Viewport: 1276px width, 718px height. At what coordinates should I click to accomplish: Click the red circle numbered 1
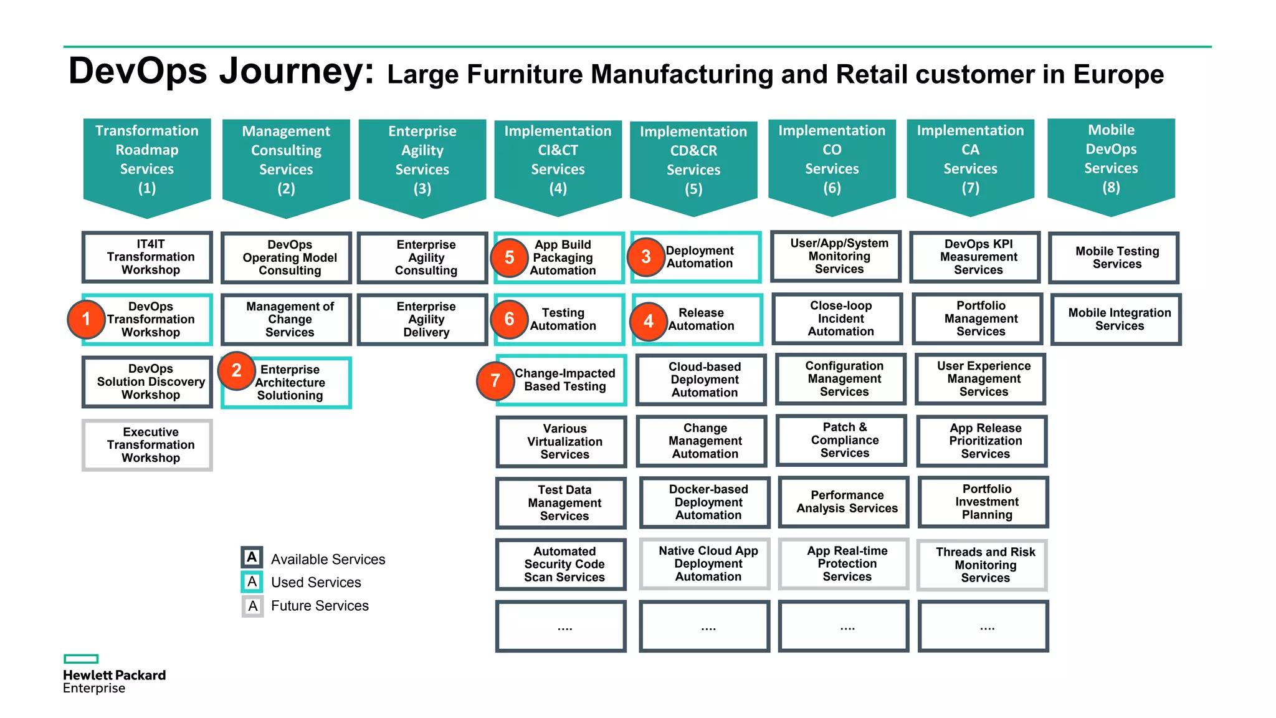click(86, 319)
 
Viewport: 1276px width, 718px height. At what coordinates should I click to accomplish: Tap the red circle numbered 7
click(495, 380)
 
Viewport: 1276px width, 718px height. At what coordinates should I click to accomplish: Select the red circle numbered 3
click(646, 257)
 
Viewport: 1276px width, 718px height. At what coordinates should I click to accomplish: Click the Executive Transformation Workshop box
click(148, 445)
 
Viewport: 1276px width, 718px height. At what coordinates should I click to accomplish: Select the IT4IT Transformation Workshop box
click(148, 257)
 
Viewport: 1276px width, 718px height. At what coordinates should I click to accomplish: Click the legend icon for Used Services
click(252, 582)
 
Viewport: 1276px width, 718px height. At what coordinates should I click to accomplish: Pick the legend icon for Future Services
click(252, 605)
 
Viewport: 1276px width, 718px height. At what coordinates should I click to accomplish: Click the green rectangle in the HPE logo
click(81, 659)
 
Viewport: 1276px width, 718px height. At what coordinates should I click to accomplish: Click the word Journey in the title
click(296, 70)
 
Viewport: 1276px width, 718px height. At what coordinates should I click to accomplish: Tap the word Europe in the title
click(1118, 74)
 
